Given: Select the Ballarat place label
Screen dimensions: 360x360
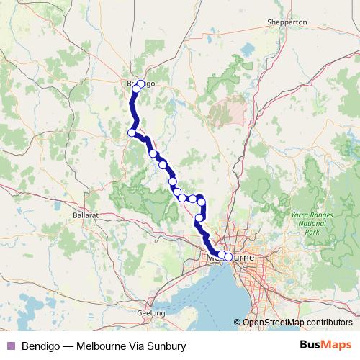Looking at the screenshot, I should [85, 215].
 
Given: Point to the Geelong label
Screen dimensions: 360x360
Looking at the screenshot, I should [152, 313].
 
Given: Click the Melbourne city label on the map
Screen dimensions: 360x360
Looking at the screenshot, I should [230, 257].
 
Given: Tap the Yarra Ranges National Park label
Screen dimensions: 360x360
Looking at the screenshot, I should [310, 223].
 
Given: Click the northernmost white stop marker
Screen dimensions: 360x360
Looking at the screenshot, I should [140, 84].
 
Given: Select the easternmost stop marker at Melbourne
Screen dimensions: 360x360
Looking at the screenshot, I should [228, 257].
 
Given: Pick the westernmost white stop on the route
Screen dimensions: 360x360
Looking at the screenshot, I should [132, 132].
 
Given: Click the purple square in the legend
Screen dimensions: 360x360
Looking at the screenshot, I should [10, 346].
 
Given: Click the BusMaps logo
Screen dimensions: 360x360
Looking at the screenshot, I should [325, 346].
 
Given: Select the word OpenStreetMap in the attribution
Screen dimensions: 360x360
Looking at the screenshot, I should [270, 323].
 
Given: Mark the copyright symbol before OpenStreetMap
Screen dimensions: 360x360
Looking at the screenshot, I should [238, 323].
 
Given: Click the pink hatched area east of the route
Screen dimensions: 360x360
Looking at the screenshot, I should [227, 112].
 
